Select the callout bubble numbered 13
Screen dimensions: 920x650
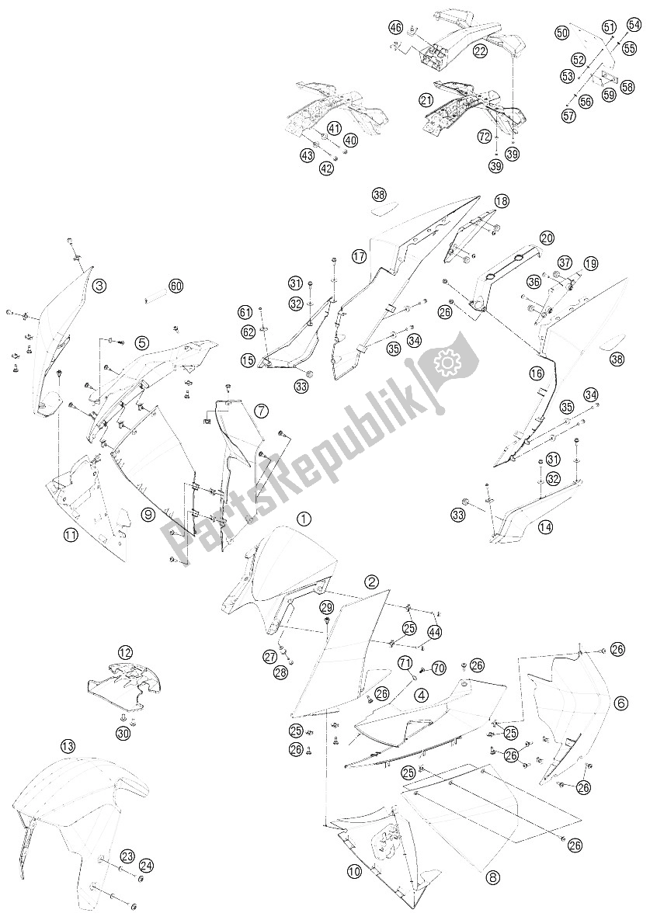69,746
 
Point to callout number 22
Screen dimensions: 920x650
480,51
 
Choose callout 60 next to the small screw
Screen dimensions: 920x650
176,286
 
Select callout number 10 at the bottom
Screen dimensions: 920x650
354,872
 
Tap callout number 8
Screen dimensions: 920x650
492,878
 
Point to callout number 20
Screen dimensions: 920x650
547,238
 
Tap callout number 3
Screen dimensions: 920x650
99,286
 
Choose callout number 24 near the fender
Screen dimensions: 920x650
147,864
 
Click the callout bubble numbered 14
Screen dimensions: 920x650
545,527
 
